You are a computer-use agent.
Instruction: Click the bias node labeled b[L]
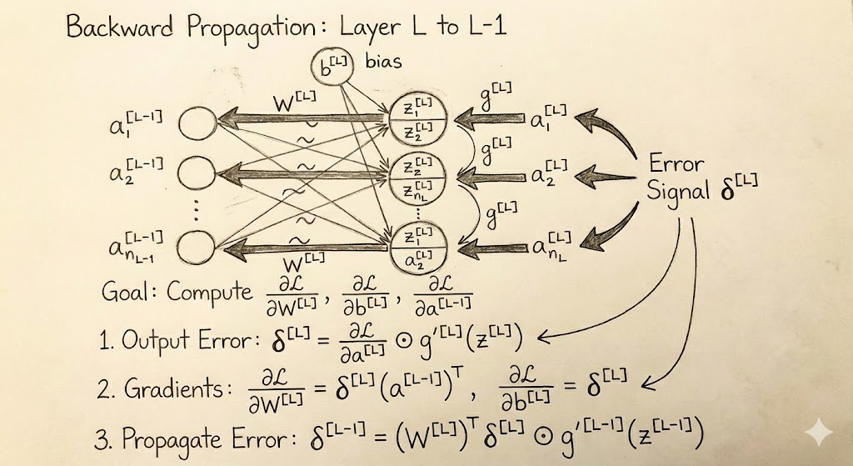[332, 68]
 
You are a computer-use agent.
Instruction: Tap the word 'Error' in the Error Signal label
[676, 163]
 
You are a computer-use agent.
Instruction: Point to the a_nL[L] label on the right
[551, 246]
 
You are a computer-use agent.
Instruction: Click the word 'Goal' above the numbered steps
[129, 292]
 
